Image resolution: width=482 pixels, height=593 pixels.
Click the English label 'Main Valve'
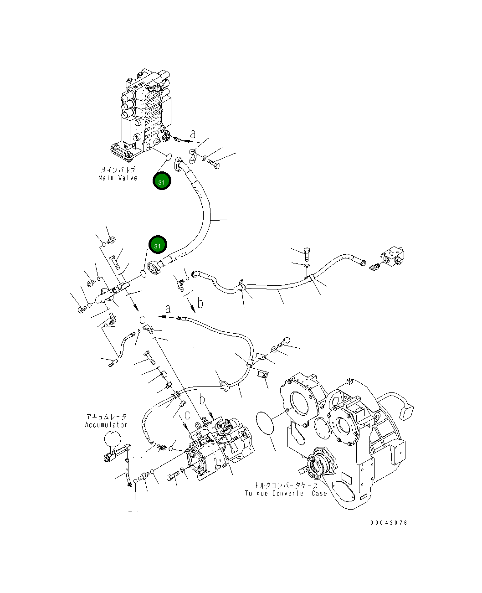pos(118,178)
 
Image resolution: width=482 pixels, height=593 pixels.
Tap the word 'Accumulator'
pos(106,425)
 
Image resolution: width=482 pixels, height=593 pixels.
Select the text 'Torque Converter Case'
pos(286,493)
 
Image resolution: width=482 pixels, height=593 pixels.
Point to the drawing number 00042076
pos(389,523)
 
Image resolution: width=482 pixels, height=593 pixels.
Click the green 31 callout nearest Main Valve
pos(162,181)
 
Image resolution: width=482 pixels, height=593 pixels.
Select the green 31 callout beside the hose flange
pos(158,245)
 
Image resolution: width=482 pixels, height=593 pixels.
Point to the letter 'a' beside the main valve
pos(193,134)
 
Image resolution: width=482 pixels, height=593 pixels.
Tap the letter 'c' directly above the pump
pos(187,416)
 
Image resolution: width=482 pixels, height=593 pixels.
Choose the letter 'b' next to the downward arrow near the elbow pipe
pos(200,303)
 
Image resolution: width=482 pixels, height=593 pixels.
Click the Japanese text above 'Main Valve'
pos(118,170)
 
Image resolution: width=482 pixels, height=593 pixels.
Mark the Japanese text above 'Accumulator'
pos(106,417)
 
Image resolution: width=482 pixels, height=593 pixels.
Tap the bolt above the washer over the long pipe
pos(307,251)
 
